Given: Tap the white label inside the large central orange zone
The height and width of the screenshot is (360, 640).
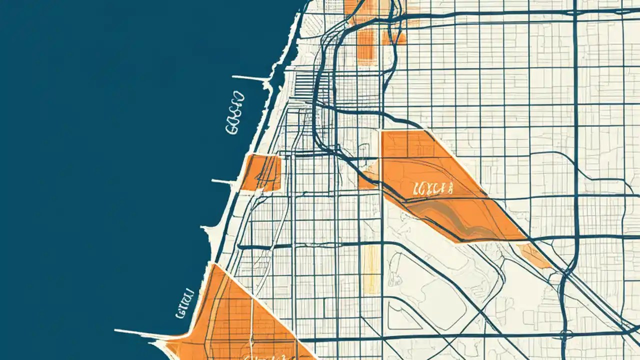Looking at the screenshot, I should click(433, 188).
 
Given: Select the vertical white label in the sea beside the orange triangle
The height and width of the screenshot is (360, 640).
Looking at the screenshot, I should click(184, 303).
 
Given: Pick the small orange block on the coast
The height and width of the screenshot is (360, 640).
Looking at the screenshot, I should click(261, 172).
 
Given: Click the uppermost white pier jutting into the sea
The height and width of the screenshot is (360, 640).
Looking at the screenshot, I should click(250, 78).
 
